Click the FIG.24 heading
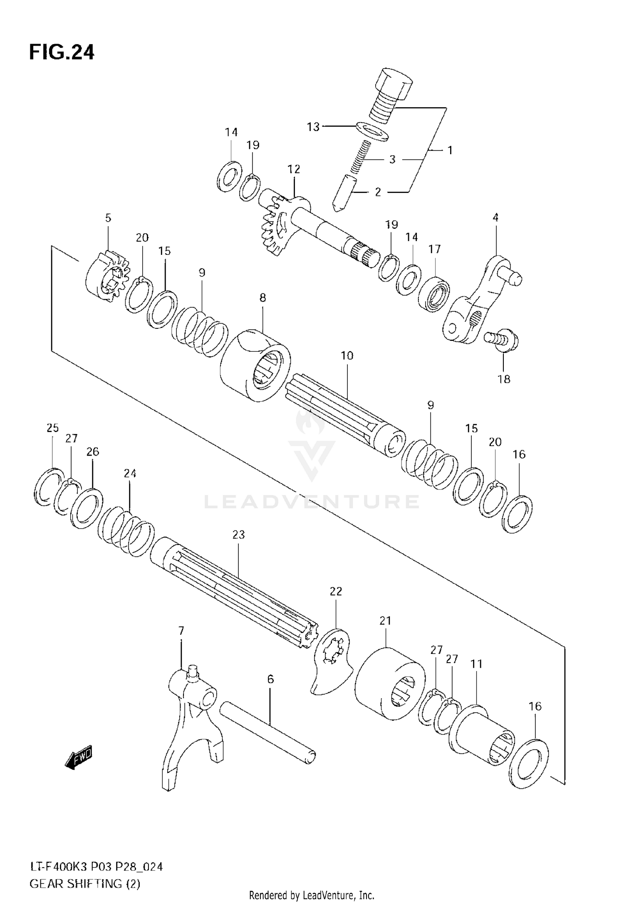[x=62, y=53]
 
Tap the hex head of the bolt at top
[x=394, y=83]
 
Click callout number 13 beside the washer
[x=313, y=126]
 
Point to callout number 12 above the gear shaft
[x=293, y=169]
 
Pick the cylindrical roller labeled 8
[x=255, y=365]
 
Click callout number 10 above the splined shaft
[x=347, y=355]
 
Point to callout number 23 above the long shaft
[x=238, y=534]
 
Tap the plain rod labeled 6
[x=268, y=735]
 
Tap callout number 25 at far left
[x=52, y=428]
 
